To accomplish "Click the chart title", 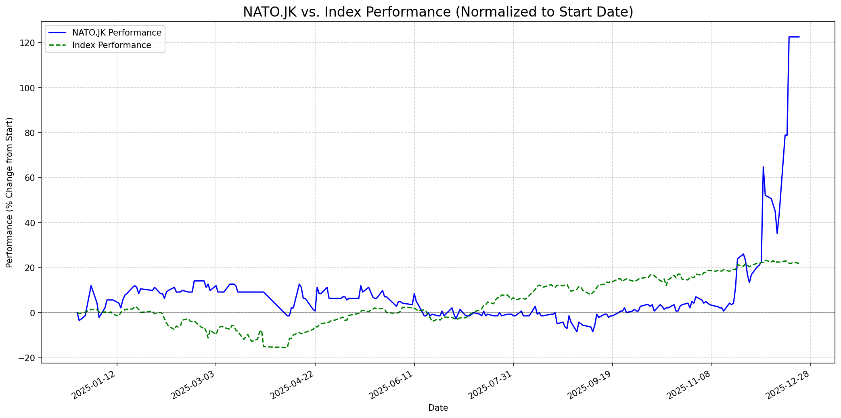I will [x=438, y=12].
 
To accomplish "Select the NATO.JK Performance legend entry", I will [x=117, y=33].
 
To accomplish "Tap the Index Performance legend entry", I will [x=111, y=45].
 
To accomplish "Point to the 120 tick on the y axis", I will [x=30, y=43].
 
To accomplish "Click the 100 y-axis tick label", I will [x=30, y=88].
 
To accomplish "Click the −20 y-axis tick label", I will [x=29, y=358].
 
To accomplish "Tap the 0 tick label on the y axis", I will [x=33, y=313].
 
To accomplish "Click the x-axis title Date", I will [x=438, y=408].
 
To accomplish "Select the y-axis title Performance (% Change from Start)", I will [x=10, y=192].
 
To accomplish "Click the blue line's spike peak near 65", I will [x=763, y=167].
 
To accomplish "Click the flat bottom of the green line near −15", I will [x=274, y=347].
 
